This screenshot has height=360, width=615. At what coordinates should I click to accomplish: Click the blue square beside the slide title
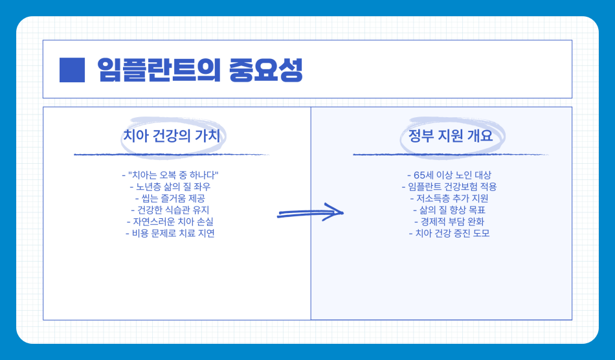click(x=72, y=70)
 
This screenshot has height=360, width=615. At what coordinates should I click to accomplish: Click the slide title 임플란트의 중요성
click(x=199, y=70)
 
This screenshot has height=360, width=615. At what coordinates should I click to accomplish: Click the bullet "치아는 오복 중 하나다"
click(x=171, y=175)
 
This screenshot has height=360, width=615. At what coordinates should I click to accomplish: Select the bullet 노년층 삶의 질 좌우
click(x=171, y=186)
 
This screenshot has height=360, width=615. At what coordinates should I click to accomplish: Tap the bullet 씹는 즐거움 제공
click(x=171, y=198)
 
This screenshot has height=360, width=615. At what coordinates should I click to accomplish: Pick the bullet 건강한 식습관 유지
click(x=171, y=210)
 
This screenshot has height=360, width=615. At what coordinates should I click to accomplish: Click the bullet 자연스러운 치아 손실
click(x=171, y=221)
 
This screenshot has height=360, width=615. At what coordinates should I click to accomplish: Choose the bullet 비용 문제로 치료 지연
click(x=171, y=233)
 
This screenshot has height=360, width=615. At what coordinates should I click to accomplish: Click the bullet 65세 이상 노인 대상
click(x=449, y=175)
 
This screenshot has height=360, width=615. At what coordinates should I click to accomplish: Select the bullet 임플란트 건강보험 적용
click(x=449, y=186)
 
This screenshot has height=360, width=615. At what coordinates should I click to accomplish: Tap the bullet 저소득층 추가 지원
click(x=449, y=198)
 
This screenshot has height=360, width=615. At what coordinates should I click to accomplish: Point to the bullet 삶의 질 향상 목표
click(x=449, y=210)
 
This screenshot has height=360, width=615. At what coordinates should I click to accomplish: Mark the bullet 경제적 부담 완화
click(x=449, y=221)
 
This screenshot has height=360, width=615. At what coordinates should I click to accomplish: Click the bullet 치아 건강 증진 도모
click(x=449, y=233)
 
